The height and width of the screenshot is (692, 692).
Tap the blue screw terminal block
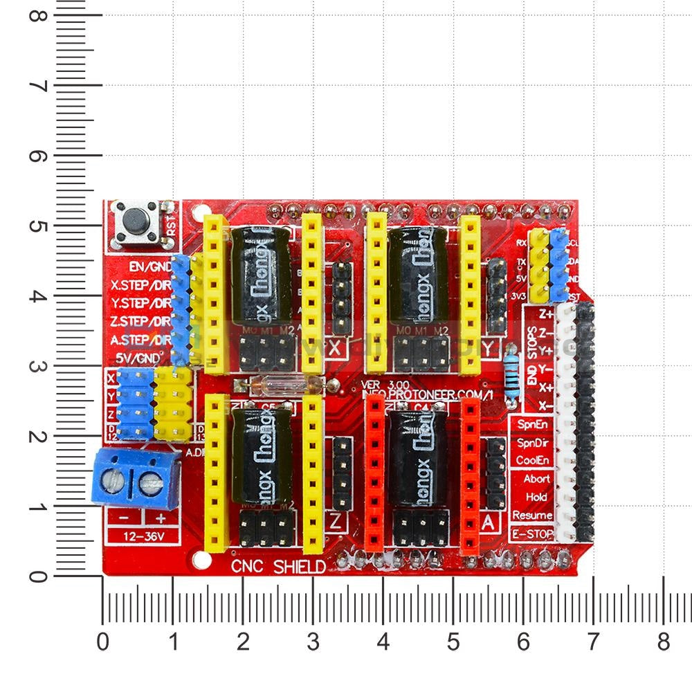(x=137, y=478)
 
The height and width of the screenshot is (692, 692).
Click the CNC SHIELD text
(x=278, y=567)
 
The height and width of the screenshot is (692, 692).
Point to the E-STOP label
(x=531, y=534)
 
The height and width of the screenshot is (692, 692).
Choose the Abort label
(x=536, y=479)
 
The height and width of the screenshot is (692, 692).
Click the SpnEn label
(x=532, y=423)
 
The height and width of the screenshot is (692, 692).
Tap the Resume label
(x=531, y=516)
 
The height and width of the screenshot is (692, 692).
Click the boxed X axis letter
(x=336, y=349)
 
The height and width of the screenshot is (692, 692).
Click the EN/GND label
(x=150, y=266)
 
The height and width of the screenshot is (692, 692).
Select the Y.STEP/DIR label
(x=140, y=303)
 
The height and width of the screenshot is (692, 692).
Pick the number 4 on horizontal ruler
(x=383, y=641)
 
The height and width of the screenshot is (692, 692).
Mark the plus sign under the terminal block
(x=161, y=518)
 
